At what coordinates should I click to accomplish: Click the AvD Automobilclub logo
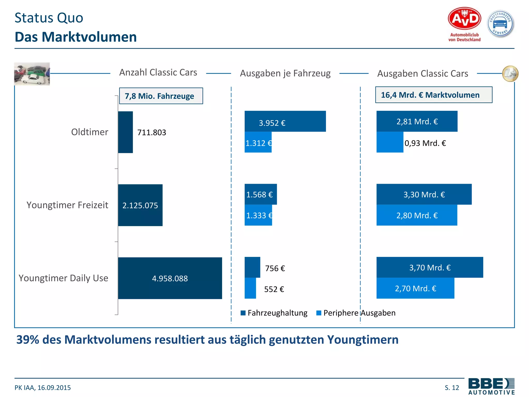pos(464,24)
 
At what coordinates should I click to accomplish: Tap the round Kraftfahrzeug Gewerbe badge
pos(500,24)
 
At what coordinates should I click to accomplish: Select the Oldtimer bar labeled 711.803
pos(126,132)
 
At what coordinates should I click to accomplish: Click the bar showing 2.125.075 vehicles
pos(140,205)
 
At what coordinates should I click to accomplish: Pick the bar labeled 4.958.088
pos(170,278)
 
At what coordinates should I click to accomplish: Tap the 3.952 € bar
pos(285,121)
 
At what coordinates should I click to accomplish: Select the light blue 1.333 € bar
pos(258,215)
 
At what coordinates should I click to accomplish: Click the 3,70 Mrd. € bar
pos(430,267)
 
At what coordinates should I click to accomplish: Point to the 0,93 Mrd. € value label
pos(425,143)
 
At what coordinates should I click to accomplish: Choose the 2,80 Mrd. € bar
pos(417,215)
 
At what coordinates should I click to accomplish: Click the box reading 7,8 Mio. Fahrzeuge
pos(161,96)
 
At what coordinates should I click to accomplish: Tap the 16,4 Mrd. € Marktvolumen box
pos(433,95)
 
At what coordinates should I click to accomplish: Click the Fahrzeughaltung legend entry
pos(274,313)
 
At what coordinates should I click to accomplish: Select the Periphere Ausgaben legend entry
pos(356,313)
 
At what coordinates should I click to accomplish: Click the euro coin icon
pos(510,74)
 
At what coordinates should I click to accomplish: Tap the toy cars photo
pos(32,74)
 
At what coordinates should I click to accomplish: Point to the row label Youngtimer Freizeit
pos(67,205)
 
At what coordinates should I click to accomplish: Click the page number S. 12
pos(452,387)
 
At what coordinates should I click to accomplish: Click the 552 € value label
pos(274,289)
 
